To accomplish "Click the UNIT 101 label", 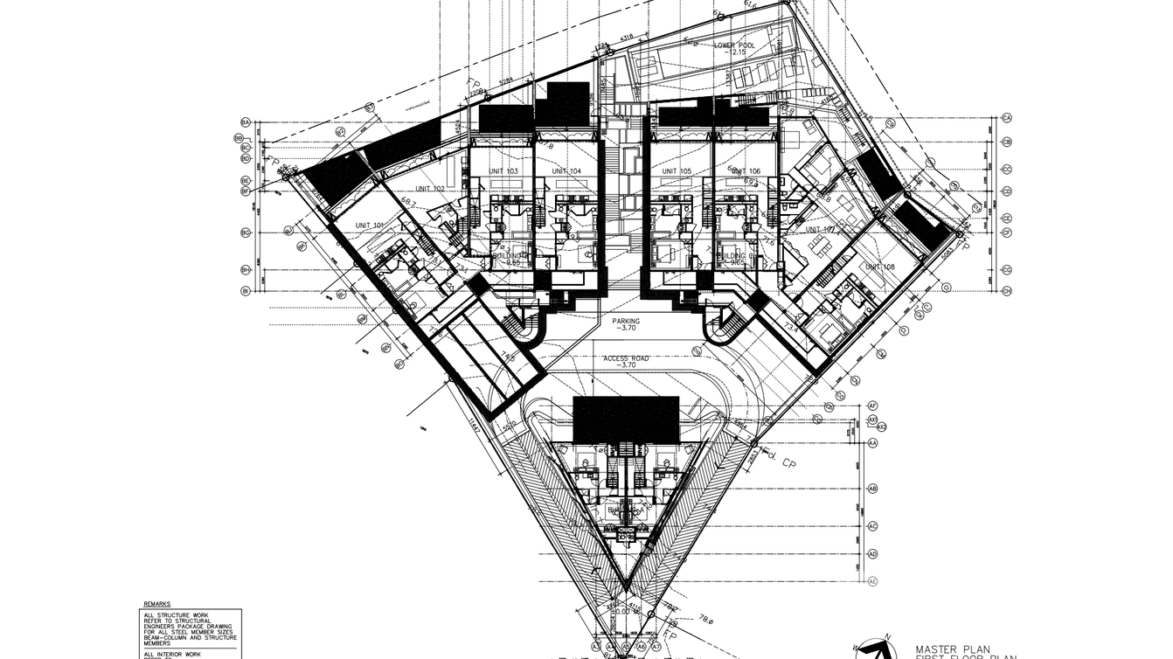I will click(x=370, y=225).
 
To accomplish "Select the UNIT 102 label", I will click(x=430, y=189).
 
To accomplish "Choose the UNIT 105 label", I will click(x=677, y=170).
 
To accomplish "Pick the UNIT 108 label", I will click(x=880, y=267).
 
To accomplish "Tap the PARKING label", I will click(x=626, y=321).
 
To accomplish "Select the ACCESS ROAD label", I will click(x=626, y=358).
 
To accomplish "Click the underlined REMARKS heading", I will click(x=157, y=604).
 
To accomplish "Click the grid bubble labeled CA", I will click(x=1007, y=117).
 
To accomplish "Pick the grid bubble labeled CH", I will click(x=1007, y=291).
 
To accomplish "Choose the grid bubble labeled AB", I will click(x=872, y=489).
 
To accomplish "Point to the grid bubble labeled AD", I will click(x=872, y=553).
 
